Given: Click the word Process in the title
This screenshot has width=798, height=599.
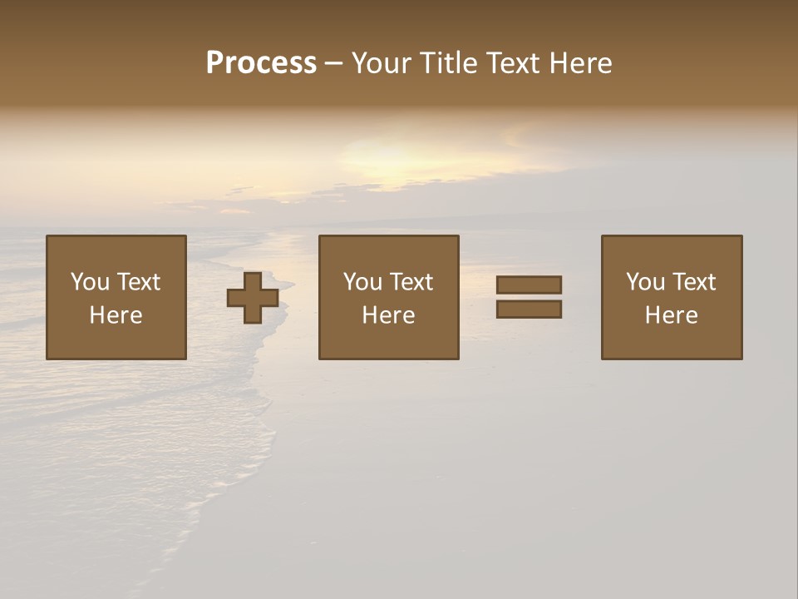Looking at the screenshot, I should (261, 63).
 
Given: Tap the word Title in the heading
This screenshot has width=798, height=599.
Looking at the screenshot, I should (448, 63).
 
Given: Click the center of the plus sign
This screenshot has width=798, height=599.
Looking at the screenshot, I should (253, 298).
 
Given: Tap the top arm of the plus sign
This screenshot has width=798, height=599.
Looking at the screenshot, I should (253, 280).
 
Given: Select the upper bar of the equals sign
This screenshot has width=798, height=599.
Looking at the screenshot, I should (529, 285).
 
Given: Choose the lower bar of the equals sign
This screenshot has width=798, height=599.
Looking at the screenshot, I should (529, 309).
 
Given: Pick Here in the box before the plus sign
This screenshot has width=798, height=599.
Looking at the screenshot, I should (116, 315).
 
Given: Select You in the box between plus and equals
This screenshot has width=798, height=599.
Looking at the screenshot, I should (363, 282).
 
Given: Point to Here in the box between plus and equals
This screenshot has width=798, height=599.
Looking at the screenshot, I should (388, 315).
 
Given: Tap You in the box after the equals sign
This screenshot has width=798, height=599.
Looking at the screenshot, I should (646, 282).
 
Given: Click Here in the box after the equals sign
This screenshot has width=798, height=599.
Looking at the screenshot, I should (671, 315).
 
